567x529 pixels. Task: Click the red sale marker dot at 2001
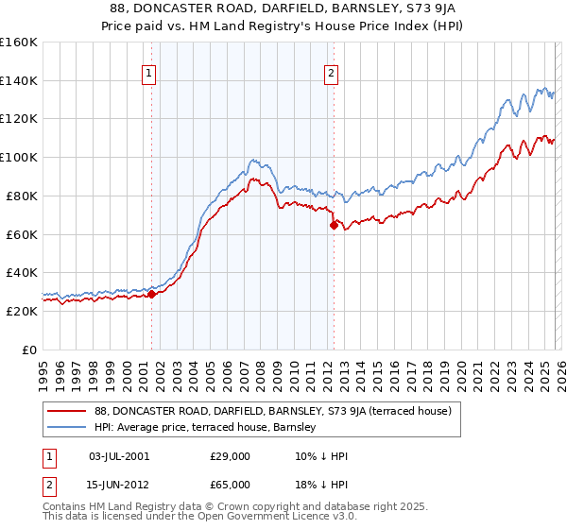151,294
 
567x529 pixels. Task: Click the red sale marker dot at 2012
334,225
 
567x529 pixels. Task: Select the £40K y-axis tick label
21,272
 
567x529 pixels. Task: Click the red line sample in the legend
68,411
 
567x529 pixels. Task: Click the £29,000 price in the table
231,455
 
